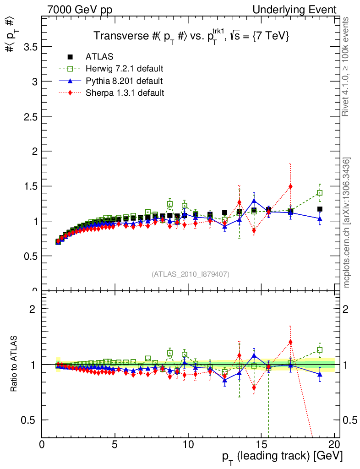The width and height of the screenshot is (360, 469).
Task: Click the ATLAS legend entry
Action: [99, 57]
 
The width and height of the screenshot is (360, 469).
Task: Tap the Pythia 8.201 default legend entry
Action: [124, 81]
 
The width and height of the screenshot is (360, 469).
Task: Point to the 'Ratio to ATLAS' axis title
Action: [15, 364]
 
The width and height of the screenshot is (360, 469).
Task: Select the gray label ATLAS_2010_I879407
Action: [191, 274]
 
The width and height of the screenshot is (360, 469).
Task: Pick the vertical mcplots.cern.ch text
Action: [347, 223]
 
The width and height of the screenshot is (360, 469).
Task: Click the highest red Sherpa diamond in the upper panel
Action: [290, 186]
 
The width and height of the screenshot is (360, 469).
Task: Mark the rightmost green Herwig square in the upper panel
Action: [320, 193]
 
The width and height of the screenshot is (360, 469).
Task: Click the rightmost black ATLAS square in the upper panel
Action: [320, 209]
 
